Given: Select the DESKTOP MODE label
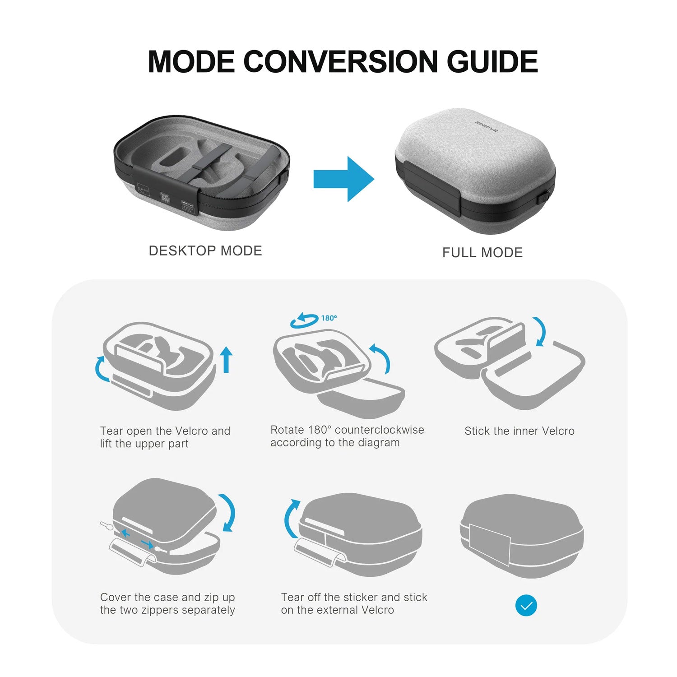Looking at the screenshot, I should click(x=205, y=251).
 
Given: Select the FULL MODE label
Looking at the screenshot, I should click(x=482, y=253).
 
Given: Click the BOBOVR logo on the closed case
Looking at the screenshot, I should click(x=486, y=123).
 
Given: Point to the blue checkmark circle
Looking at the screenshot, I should click(x=526, y=605).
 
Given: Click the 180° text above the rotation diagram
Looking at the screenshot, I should click(x=329, y=318).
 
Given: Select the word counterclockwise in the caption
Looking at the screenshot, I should click(x=379, y=430).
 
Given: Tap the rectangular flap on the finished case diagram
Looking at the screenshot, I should click(x=490, y=544).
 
